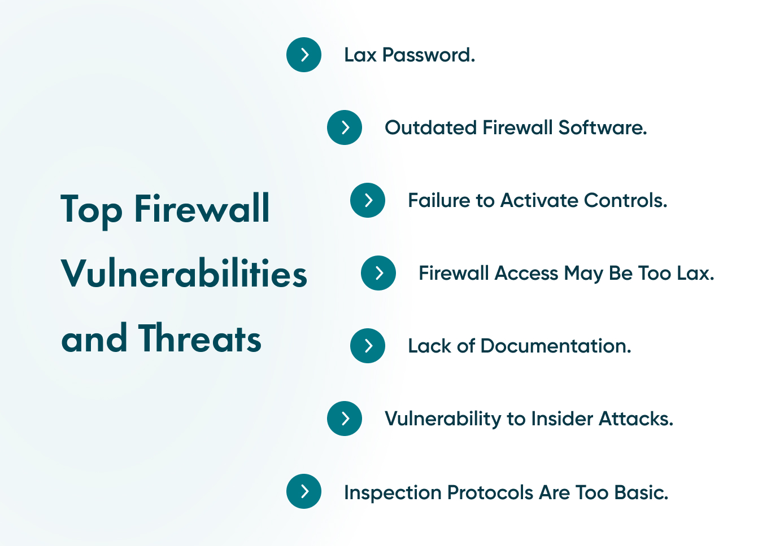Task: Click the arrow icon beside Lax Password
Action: point(304,55)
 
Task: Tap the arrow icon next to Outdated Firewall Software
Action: point(345,127)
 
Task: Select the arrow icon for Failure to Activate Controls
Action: point(368,200)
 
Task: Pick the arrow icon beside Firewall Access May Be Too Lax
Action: point(378,273)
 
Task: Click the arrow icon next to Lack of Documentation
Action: point(368,346)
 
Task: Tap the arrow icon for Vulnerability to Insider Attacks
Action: point(345,419)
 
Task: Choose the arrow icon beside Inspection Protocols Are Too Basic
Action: point(304,491)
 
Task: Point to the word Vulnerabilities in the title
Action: point(184,274)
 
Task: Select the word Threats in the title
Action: point(199,339)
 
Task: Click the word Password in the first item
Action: point(428,55)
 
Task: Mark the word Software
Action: point(602,128)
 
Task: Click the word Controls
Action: point(625,201)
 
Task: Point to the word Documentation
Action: point(556,346)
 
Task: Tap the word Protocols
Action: point(490,493)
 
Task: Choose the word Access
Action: point(526,274)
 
